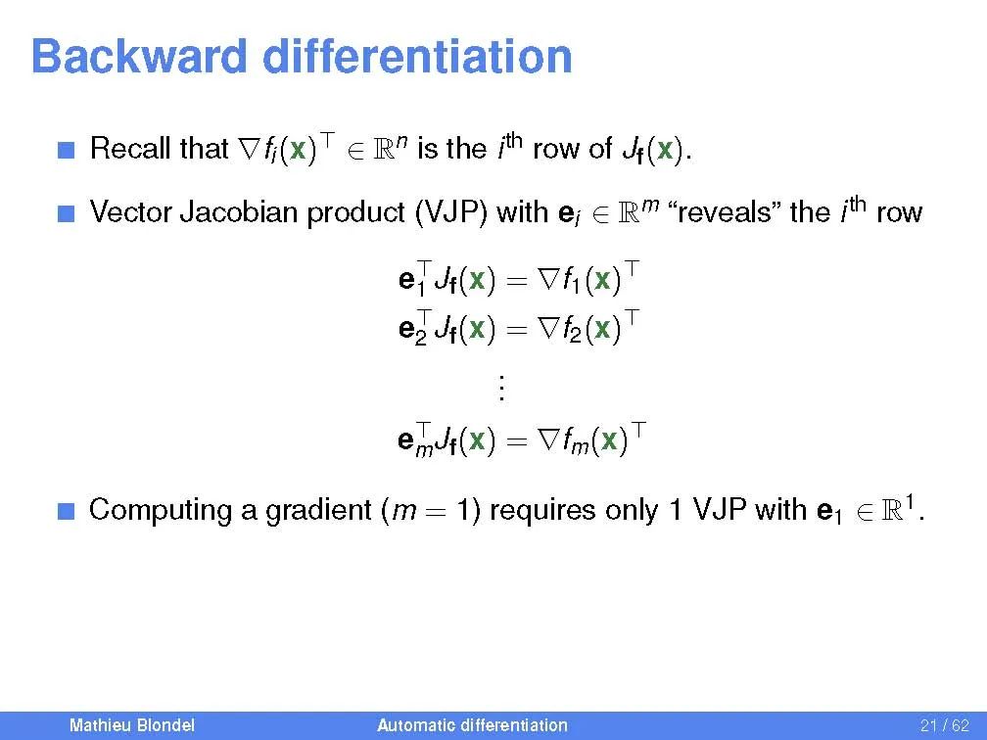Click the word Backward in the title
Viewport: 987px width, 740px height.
pyautogui.click(x=139, y=57)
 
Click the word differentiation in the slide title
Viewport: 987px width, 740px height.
pyautogui.click(x=417, y=57)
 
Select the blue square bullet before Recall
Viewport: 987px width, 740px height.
pyautogui.click(x=67, y=150)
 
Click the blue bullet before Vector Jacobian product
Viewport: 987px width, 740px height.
pyautogui.click(x=67, y=214)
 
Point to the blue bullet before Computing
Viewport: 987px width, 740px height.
pyautogui.click(x=67, y=511)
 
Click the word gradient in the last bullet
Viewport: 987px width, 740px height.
pyautogui.click(x=318, y=511)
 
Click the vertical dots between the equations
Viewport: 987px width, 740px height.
pyautogui.click(x=501, y=388)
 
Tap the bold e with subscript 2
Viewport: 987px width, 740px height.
pyautogui.click(x=413, y=329)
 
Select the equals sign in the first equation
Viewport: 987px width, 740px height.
pyautogui.click(x=515, y=281)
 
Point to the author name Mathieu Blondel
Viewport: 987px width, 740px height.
pyautogui.click(x=132, y=725)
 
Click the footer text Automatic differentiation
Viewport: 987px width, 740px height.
pyautogui.click(x=472, y=725)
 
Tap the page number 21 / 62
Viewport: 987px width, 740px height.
pyautogui.click(x=944, y=725)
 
